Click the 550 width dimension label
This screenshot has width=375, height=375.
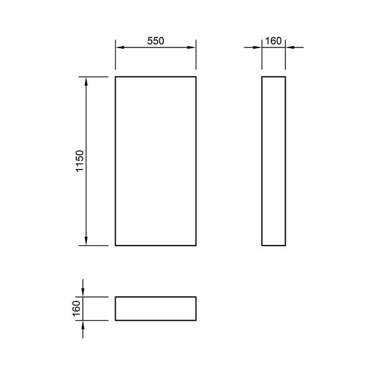click(x=156, y=41)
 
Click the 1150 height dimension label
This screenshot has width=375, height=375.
click(x=79, y=161)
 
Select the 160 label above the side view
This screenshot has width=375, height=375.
click(x=273, y=41)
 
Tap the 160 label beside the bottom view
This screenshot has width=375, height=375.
click(x=76, y=309)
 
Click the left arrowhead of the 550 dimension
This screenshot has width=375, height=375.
click(x=120, y=47)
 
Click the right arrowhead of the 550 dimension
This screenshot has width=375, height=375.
click(x=191, y=47)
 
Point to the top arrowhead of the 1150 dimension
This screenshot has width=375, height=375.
click(x=86, y=81)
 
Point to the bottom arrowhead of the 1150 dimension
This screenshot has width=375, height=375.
click(x=86, y=241)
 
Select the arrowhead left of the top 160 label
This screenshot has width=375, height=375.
click(x=257, y=47)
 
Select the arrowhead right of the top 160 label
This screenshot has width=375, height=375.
click(x=290, y=47)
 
